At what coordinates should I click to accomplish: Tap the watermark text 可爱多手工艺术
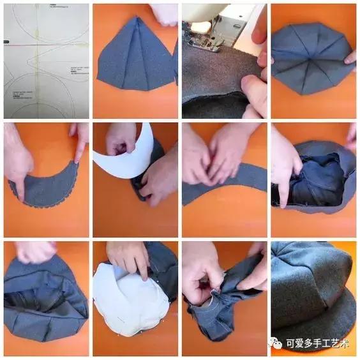coord(319,344)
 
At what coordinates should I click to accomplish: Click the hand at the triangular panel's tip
coord(163,13)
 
